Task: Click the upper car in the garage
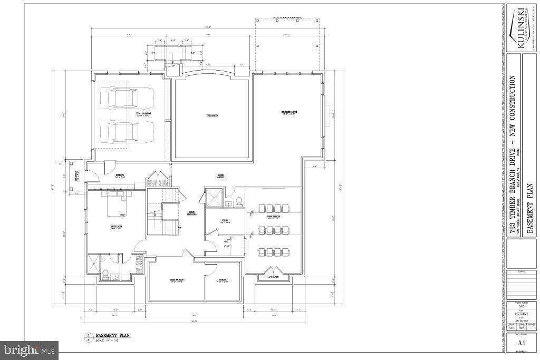(130, 98)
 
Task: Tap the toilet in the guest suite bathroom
(105, 274)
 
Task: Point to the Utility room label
(224, 221)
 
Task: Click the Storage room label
(223, 280)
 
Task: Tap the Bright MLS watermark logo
(30, 349)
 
